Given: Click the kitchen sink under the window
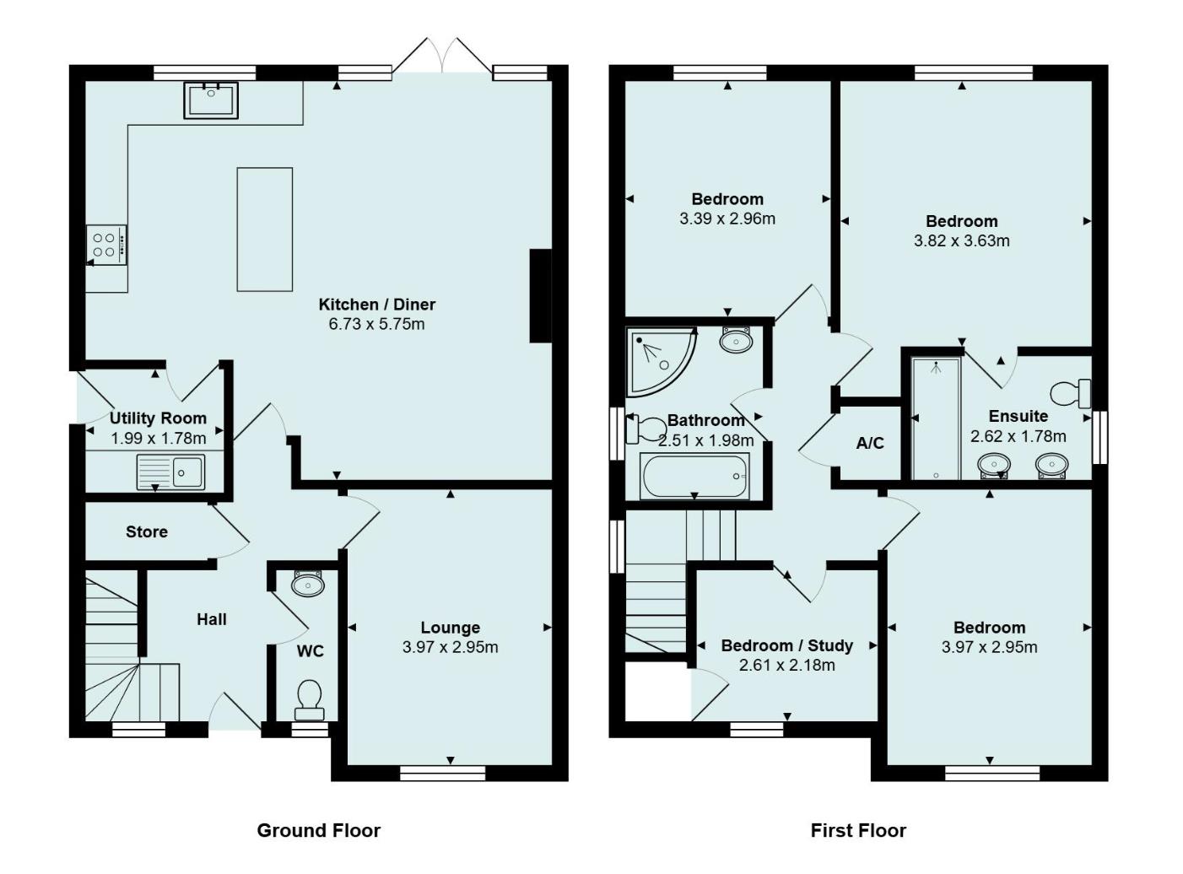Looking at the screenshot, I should tap(211, 100).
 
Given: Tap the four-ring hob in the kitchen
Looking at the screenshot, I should tap(106, 245).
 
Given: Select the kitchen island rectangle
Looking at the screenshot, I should tap(265, 229).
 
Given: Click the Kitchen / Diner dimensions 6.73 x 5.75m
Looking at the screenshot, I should tap(376, 324).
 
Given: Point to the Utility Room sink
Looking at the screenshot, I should tap(170, 472).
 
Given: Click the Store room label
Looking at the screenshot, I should tap(147, 531).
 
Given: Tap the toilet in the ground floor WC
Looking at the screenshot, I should tap(309, 697).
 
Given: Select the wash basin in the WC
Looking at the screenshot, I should tap(307, 584).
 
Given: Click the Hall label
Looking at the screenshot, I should tap(212, 619).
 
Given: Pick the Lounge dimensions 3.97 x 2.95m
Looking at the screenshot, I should tap(450, 647).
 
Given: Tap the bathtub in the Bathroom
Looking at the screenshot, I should tap(694, 477).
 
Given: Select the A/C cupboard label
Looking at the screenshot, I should tap(870, 443).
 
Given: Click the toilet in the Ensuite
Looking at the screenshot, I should tap(1070, 393).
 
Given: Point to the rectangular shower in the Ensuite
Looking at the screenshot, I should tap(936, 418).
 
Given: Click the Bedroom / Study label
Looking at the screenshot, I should tap(786, 645).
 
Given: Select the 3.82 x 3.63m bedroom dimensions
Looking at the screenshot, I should tap(961, 240).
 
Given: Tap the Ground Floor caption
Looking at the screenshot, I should tap(318, 830).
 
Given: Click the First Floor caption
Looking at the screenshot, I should tap(858, 830).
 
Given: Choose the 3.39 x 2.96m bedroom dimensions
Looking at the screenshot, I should tap(727, 218).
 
